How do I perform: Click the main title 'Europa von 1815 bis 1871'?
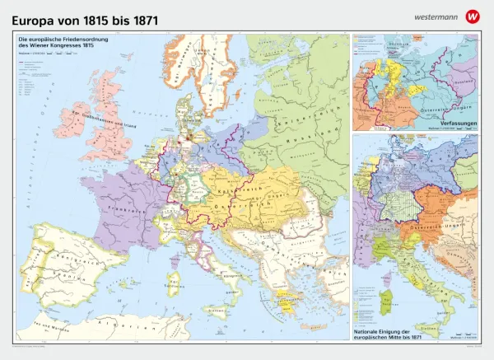(x=81, y=17)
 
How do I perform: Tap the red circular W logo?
(x=472, y=16)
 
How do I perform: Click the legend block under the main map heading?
(x=37, y=78)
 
